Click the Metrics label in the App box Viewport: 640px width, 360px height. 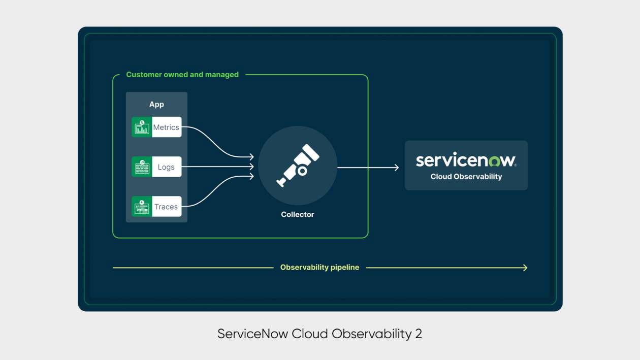point(166,127)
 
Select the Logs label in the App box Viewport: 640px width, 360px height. point(166,167)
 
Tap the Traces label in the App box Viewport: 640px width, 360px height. point(166,207)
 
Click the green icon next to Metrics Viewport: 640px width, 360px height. point(142,127)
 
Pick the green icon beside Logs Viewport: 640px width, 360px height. point(142,167)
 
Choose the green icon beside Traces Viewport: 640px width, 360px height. point(142,207)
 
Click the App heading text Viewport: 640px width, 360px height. point(156,104)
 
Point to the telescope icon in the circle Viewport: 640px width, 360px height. point(298,165)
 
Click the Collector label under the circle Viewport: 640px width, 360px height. point(298,214)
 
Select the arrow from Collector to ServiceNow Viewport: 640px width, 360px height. point(368,167)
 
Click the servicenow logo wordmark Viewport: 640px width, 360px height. point(466,160)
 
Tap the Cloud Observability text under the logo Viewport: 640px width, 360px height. point(466,177)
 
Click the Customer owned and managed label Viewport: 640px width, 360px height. point(182,75)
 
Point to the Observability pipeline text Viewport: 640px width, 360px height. point(319,268)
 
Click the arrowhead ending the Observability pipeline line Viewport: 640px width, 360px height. point(525,268)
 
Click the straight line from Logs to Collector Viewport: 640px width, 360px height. point(218,167)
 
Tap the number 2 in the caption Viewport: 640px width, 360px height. point(418,334)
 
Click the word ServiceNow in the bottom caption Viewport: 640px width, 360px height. point(252,334)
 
